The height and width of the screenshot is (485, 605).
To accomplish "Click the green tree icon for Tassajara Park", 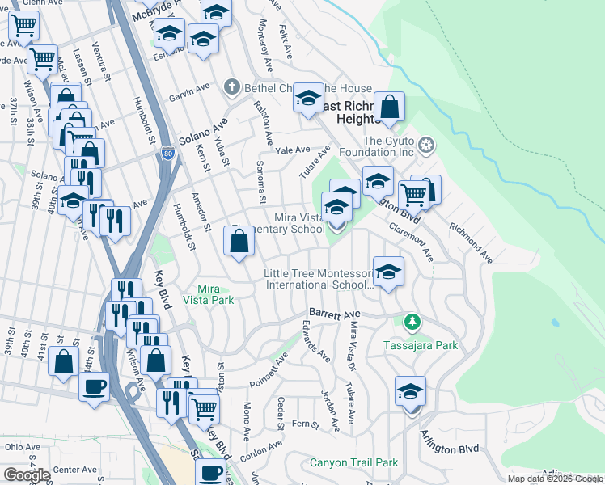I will click(412, 323).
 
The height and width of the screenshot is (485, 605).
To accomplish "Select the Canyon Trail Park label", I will click(354, 463).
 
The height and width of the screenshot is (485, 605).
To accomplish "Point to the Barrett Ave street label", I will click(333, 313).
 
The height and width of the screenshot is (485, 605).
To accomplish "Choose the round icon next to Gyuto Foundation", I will click(427, 146).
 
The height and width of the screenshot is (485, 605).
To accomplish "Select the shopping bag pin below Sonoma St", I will click(239, 241).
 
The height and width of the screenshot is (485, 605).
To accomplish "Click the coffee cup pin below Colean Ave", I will click(211, 472).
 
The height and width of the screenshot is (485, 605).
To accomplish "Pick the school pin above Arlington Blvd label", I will click(411, 391).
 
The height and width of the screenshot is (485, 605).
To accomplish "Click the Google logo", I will click(27, 475).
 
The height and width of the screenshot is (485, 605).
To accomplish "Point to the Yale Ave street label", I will click(293, 150).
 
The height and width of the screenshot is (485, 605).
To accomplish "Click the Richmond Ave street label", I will click(472, 243).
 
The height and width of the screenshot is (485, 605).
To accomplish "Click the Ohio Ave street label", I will click(23, 446).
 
